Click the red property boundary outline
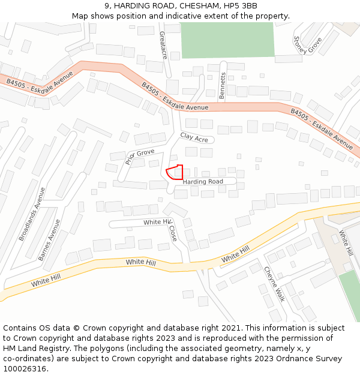tap(175, 172)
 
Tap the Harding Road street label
tap(203, 181)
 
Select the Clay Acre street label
tap(194, 138)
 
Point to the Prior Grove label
tap(140, 157)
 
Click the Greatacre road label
tap(163, 45)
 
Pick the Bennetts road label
tap(223, 86)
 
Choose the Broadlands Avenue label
tap(32, 214)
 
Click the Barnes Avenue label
tap(49, 239)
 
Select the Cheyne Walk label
tap(273, 284)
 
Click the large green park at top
tap(227, 40)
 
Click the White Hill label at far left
tap(46, 280)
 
